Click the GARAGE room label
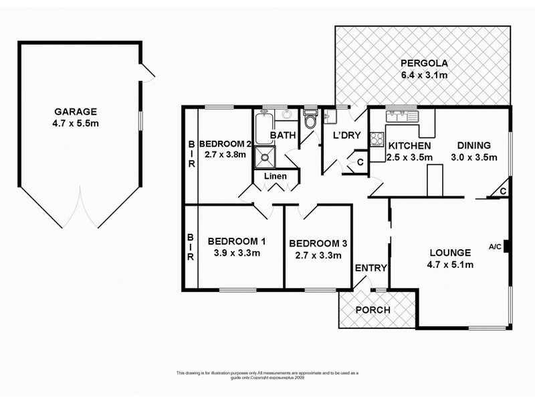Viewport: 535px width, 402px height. click(x=76, y=112)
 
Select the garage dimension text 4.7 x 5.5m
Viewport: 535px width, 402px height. click(x=76, y=124)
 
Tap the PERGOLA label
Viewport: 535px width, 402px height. click(x=423, y=64)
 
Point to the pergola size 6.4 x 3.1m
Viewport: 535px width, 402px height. click(x=423, y=75)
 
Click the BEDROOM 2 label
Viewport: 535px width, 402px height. click(x=225, y=143)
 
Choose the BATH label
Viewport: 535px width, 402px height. click(x=283, y=136)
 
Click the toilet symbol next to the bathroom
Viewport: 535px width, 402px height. click(x=310, y=120)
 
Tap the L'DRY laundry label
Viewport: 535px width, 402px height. click(x=347, y=136)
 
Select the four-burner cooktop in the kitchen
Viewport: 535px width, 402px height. click(x=377, y=139)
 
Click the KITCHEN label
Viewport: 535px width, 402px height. click(x=409, y=146)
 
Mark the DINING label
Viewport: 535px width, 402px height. click(x=474, y=145)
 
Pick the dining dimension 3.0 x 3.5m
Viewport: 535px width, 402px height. click(x=474, y=157)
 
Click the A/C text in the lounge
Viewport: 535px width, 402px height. click(x=495, y=247)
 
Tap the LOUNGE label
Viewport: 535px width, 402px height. click(x=451, y=253)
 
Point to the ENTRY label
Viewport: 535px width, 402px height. click(x=370, y=268)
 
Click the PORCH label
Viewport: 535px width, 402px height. click(x=372, y=310)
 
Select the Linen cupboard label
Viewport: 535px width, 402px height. click(x=276, y=176)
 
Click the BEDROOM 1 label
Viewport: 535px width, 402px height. click(x=237, y=241)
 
